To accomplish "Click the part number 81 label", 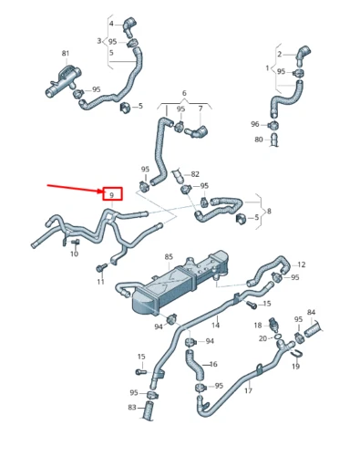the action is [66, 53].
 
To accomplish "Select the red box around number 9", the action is [110, 194].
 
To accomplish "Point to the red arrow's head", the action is [100, 191].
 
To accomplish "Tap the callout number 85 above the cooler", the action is [168, 257].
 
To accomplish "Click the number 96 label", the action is [255, 124].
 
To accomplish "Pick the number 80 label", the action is [258, 140].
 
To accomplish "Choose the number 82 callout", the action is [193, 174].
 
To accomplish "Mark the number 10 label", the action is [75, 254].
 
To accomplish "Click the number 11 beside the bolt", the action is [101, 282].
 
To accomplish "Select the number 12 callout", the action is [302, 264].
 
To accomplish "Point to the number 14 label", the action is [216, 325].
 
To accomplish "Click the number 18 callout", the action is [258, 324].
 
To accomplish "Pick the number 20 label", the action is [262, 338].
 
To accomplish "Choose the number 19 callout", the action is [295, 366].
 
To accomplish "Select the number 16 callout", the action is [213, 365].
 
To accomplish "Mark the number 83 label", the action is [132, 407].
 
